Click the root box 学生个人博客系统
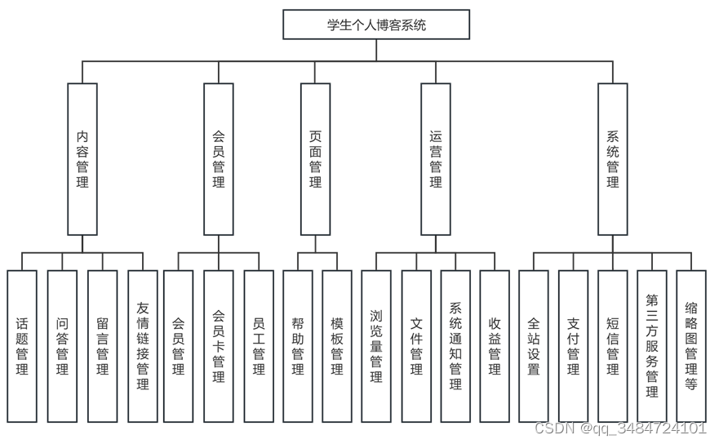[x=376, y=24]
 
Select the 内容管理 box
[x=82, y=158]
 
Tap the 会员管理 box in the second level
[x=218, y=158]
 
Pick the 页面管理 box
[x=316, y=158]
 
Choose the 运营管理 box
[x=436, y=158]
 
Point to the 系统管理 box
[x=613, y=158]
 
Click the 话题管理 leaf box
[x=22, y=346]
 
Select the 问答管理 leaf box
[x=62, y=346]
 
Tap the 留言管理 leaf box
[x=102, y=346]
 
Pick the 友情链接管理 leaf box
[x=143, y=346]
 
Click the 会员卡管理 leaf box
[x=218, y=346]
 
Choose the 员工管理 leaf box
[x=259, y=346]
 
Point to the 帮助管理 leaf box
[x=298, y=346]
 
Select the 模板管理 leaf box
[x=337, y=346]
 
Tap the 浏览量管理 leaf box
[x=376, y=346]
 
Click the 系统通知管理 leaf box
[x=455, y=346]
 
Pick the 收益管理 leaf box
[x=495, y=346]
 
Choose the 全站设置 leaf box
[x=534, y=346]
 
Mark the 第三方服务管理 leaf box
[x=652, y=346]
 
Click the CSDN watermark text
[x=619, y=428]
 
